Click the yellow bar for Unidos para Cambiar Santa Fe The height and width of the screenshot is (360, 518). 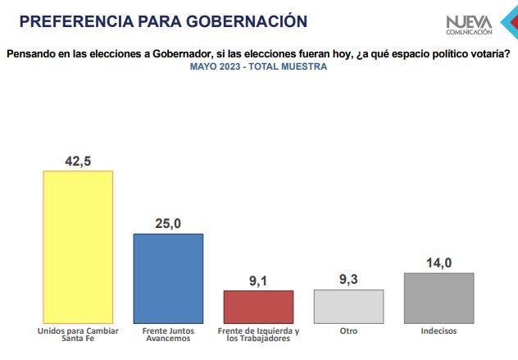tap(78, 246)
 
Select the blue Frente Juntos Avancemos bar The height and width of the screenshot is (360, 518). tap(168, 278)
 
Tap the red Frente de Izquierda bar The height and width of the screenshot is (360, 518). tap(259, 306)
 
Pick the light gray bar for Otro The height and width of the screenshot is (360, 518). tap(349, 306)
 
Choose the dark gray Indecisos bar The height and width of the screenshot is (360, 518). tap(439, 297)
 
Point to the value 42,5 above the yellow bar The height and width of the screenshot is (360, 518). tap(78, 160)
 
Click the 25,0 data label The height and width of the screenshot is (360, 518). tap(168, 223)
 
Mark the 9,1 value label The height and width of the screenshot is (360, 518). tap(259, 280)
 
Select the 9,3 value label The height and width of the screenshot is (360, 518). tap(349, 279)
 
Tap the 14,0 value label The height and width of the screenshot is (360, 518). tap(439, 262)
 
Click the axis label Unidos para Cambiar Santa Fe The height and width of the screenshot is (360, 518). tap(78, 335)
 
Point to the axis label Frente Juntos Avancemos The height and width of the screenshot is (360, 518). tap(168, 335)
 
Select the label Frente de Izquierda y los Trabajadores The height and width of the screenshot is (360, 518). tap(259, 335)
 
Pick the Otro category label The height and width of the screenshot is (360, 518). tap(349, 331)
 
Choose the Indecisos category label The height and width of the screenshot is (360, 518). tap(439, 331)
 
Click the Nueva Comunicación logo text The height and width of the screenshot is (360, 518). tap(470, 25)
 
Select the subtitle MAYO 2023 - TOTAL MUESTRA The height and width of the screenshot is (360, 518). tap(258, 66)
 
